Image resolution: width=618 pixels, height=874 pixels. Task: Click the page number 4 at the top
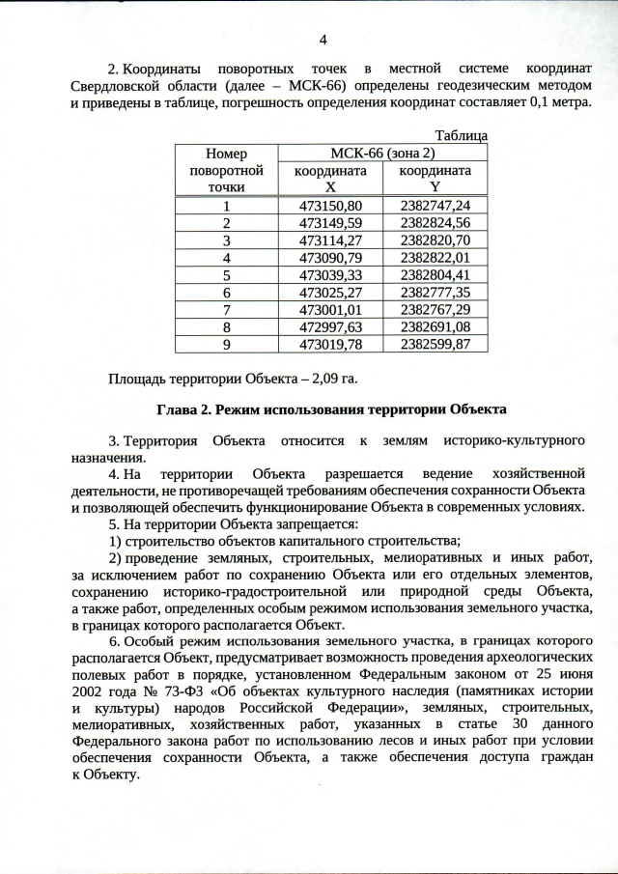[323, 40]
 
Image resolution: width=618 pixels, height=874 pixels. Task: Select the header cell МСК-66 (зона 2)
[383, 153]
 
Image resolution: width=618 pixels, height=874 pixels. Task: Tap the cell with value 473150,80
[330, 206]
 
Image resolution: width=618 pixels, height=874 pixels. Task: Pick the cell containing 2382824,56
[435, 223]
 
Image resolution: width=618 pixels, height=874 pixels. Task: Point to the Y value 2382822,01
[435, 258]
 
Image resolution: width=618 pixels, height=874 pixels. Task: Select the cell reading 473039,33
[330, 275]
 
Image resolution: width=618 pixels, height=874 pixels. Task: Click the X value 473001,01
[330, 310]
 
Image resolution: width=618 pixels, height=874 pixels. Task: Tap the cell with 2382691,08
[435, 327]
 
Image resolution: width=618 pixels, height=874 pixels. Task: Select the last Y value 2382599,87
[435, 345]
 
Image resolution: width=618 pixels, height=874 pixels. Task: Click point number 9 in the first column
[227, 345]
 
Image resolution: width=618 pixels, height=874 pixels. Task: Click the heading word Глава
[177, 409]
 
